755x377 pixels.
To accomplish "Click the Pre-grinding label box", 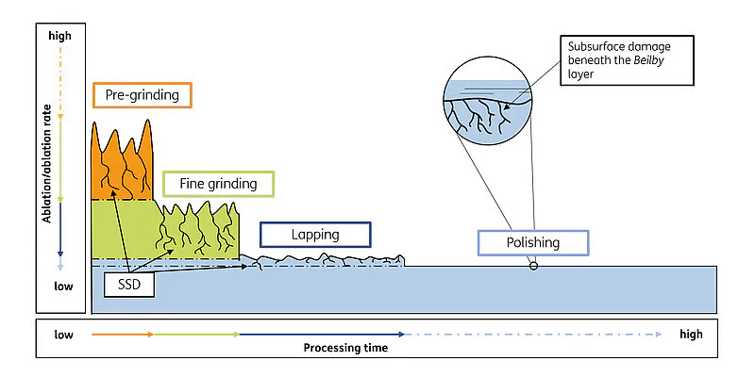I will pos(142,95).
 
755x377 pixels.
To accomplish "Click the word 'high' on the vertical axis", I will pos(59,35).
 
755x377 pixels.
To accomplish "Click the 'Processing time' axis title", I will pos(345,348).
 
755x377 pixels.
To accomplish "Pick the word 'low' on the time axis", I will pos(64,334).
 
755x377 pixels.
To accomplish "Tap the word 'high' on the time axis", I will pos(691,334).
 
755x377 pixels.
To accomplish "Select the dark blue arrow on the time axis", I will pos(321,334).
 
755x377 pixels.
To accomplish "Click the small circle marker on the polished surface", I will pos(533,266).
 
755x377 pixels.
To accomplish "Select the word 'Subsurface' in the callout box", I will pos(596,46).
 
